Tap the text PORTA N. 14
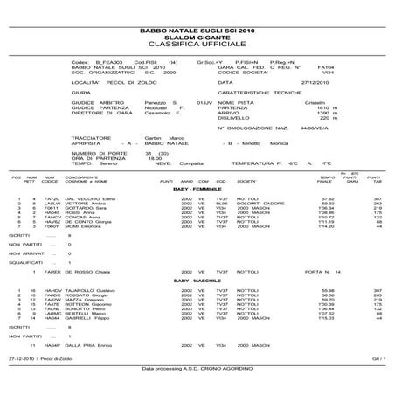coord(313,270)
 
